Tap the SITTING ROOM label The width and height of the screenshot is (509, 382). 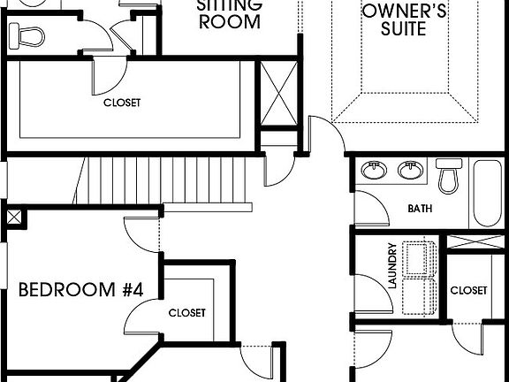(x=229, y=12)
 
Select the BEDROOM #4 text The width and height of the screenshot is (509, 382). (x=80, y=289)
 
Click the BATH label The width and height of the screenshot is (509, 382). (x=419, y=210)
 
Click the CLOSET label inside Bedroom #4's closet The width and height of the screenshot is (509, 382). (x=186, y=313)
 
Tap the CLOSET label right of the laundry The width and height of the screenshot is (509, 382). (x=467, y=290)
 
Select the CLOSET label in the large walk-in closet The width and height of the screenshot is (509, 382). (x=121, y=103)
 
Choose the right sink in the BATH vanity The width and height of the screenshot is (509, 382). (x=409, y=169)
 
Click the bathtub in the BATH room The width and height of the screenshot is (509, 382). (x=489, y=193)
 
